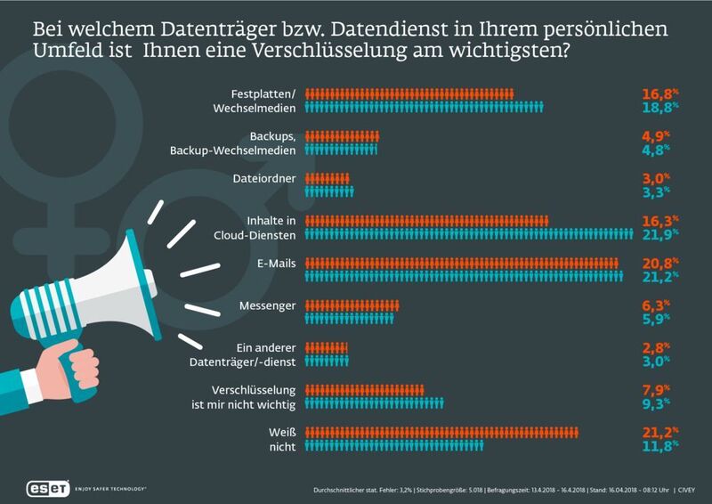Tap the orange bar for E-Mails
click(462, 263)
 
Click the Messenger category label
click(267, 305)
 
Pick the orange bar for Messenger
click(352, 305)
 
